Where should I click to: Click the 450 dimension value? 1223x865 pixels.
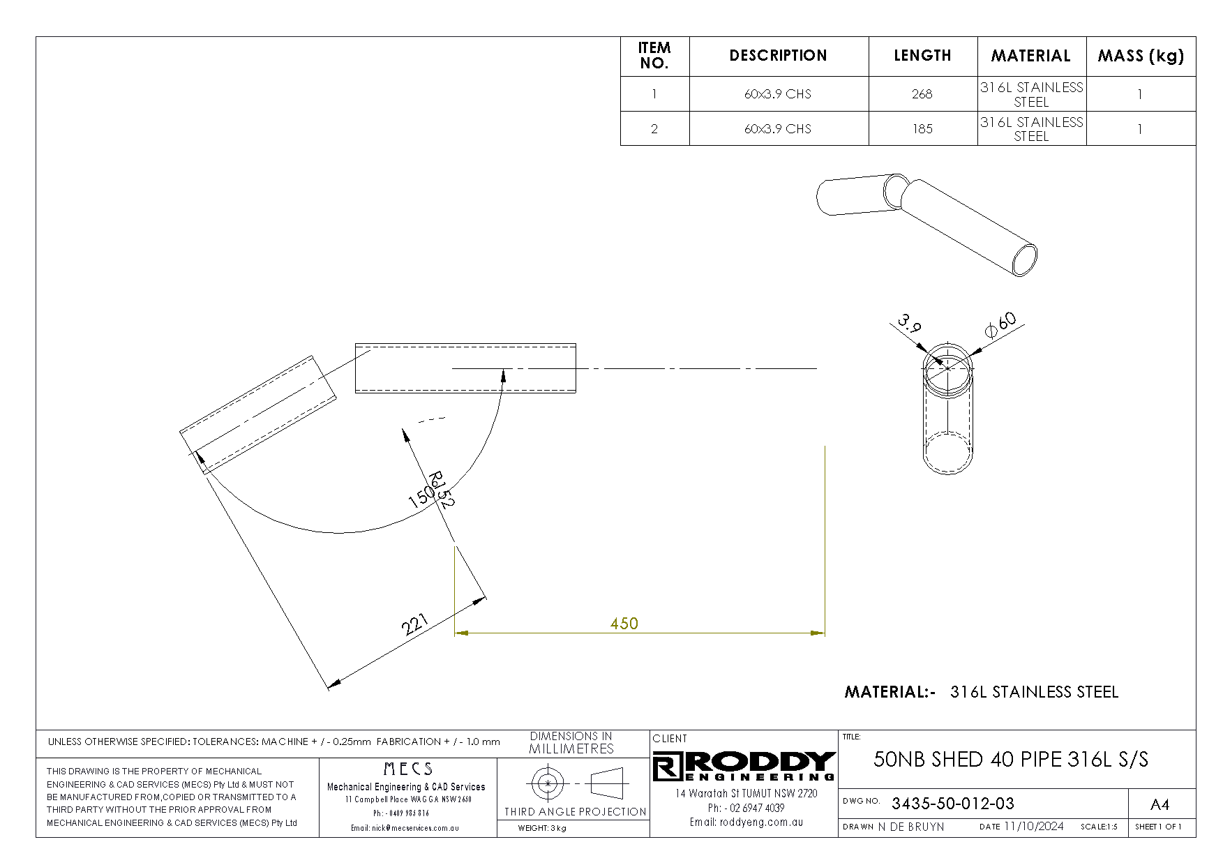pyautogui.click(x=624, y=623)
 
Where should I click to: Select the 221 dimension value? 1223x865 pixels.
pyautogui.click(x=414, y=624)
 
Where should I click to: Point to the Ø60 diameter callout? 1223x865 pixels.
pyautogui.click(x=1000, y=325)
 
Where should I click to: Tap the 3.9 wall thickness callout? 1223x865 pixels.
pyautogui.click(x=910, y=324)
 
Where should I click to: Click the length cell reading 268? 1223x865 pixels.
pyautogui.click(x=922, y=94)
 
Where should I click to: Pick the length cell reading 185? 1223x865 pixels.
pyautogui.click(x=922, y=129)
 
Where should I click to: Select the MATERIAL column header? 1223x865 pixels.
pyautogui.click(x=1030, y=56)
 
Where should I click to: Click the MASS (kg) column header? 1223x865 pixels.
pyautogui.click(x=1141, y=56)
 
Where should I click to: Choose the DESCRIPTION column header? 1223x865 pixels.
pyautogui.click(x=778, y=56)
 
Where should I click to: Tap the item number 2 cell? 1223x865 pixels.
pyautogui.click(x=654, y=129)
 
